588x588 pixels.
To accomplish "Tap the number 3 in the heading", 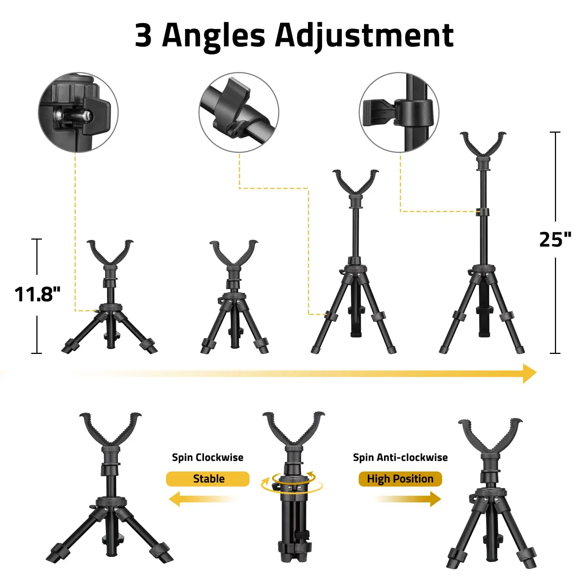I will click(143, 36).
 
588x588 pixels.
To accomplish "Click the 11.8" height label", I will click(37, 294).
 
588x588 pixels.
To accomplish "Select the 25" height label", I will click(555, 239).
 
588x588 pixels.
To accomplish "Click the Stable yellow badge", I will click(208, 479).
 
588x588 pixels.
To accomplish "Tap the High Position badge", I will click(400, 479).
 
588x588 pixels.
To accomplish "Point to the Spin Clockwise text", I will click(208, 458).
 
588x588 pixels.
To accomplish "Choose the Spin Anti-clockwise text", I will click(400, 458).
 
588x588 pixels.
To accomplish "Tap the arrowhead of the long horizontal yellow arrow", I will click(529, 373).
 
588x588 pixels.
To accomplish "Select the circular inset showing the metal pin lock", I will click(78, 112).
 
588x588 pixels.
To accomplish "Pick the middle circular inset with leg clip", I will click(239, 112).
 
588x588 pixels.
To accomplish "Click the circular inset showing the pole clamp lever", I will click(399, 112).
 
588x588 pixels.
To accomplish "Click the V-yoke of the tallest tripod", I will click(483, 145).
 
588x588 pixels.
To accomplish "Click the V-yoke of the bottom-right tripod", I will click(490, 435).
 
